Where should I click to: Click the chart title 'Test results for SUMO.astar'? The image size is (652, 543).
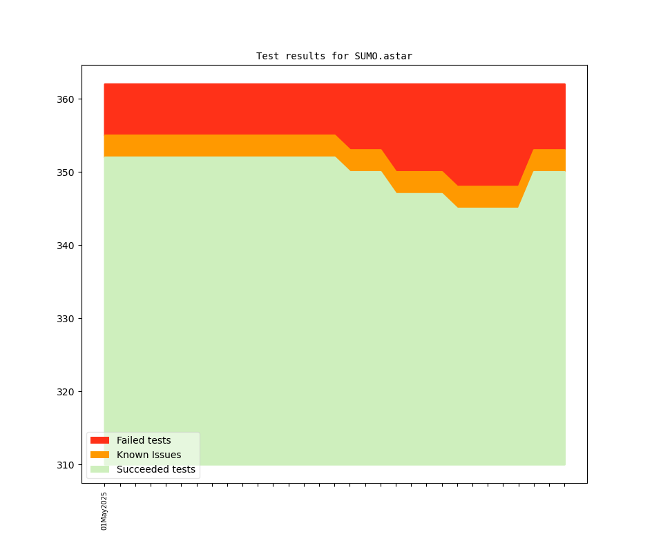pos(334,56)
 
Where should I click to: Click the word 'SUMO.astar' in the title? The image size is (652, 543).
pos(383,56)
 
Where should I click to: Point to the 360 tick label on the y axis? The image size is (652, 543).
pos(66,99)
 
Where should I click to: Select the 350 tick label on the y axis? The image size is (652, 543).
pos(66,172)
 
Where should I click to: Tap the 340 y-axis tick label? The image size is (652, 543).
pos(66,246)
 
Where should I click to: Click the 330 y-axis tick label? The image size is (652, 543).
pos(66,319)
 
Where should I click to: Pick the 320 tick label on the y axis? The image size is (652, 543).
pos(66,392)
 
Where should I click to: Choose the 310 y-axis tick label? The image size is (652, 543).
pos(66,465)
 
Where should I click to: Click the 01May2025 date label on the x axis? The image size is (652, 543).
pos(104,511)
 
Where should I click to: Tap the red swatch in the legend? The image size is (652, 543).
pos(99,440)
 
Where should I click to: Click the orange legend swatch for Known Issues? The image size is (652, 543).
pos(99,455)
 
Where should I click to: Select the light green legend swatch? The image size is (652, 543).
pos(99,469)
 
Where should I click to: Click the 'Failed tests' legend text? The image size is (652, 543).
pos(144,440)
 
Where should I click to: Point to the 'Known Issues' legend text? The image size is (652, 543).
pos(148,455)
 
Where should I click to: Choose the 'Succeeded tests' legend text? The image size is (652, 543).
pos(156,469)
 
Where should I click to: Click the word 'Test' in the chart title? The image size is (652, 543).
pos(268,56)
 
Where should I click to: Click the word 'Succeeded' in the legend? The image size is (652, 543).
pos(141,469)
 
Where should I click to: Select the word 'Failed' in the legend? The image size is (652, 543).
pos(131,440)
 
